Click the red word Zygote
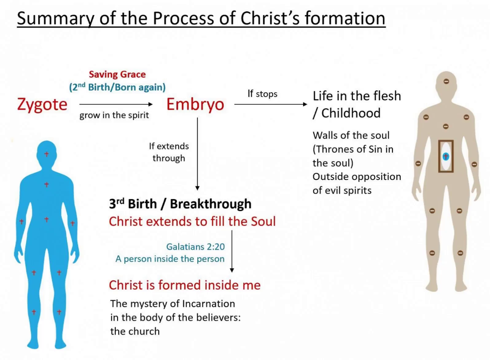(x=42, y=104)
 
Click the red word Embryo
(x=195, y=104)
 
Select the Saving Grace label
(x=117, y=74)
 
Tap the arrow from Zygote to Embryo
(x=116, y=104)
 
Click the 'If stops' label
(x=262, y=94)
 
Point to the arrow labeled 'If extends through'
(x=197, y=153)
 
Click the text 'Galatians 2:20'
(x=195, y=247)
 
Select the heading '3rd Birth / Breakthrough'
(x=180, y=204)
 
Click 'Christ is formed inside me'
(x=185, y=285)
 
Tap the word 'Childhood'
(x=351, y=113)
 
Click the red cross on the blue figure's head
(x=46, y=154)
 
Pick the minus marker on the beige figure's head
(x=446, y=81)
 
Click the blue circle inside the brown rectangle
(x=445, y=156)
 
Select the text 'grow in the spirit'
(x=114, y=115)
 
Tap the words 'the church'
(x=135, y=331)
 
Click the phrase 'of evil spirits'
(x=342, y=190)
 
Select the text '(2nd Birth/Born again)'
(x=117, y=87)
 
